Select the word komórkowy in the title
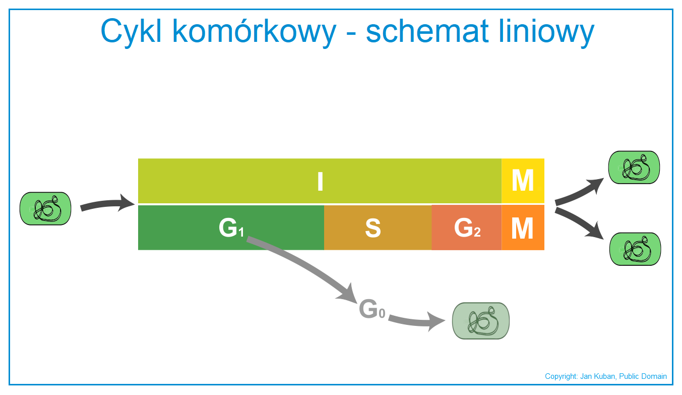[x=255, y=32]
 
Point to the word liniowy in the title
[x=547, y=32]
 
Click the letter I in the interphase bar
[x=320, y=181]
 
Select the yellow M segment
[x=523, y=181]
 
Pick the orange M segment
[x=523, y=228]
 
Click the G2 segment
[x=466, y=228]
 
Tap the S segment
[x=378, y=228]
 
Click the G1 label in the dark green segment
[x=231, y=228]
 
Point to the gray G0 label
[x=372, y=309]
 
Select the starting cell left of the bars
[x=45, y=208]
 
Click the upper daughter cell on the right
[x=634, y=167]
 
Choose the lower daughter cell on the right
[x=635, y=249]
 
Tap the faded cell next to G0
[x=481, y=321]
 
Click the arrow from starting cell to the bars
[x=106, y=204]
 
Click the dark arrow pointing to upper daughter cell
[x=579, y=193]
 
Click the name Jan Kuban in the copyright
[x=598, y=376]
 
